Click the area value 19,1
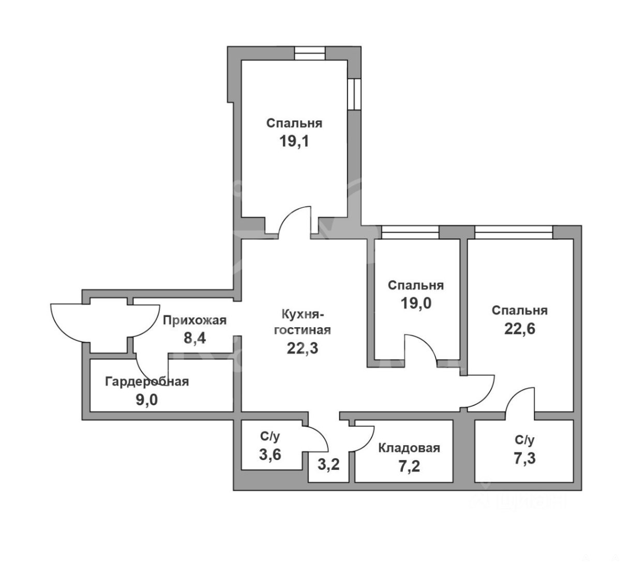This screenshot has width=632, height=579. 294,142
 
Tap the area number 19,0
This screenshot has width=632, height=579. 416,303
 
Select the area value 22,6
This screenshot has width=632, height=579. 520,329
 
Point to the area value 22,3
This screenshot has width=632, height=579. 303,348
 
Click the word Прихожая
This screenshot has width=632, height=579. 194,320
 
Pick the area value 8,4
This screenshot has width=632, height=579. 194,338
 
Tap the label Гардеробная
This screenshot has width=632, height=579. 147,382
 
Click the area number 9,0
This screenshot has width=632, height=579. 147,400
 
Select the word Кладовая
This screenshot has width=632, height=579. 409,448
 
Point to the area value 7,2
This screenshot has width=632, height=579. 410,466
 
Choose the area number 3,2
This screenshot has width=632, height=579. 328,464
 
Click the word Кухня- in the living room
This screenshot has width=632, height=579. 303,314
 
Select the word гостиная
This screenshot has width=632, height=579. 303,330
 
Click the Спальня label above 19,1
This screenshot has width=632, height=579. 294,123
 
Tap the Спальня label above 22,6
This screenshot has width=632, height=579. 520,311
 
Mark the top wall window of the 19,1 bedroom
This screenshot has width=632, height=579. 309,53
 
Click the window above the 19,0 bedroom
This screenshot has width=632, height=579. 410,232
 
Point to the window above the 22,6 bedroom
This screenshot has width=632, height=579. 514,232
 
